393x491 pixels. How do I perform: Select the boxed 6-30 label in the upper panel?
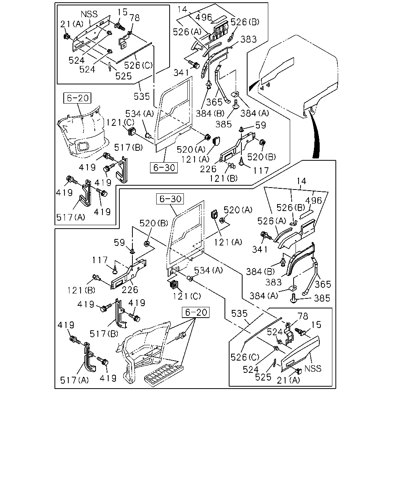[x=164, y=168]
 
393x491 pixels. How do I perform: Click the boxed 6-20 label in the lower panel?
[x=196, y=312]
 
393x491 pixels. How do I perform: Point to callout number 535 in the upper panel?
[x=142, y=96]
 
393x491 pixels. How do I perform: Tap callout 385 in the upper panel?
[x=224, y=124]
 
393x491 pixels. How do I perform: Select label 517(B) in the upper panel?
[x=128, y=147]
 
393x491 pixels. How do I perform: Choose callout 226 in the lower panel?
[x=130, y=290]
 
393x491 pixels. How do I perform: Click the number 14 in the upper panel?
[x=182, y=9]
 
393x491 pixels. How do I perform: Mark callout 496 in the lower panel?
[x=313, y=201]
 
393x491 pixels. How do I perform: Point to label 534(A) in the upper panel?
[x=140, y=114]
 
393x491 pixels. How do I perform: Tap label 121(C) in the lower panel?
[x=187, y=296]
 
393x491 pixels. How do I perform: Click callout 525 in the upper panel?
[x=123, y=76]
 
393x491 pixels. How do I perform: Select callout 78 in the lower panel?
[x=303, y=316]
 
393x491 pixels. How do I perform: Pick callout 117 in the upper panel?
[x=261, y=170]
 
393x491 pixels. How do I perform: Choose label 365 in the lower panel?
[x=323, y=284]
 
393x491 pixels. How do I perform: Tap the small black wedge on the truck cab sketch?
[x=254, y=86]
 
